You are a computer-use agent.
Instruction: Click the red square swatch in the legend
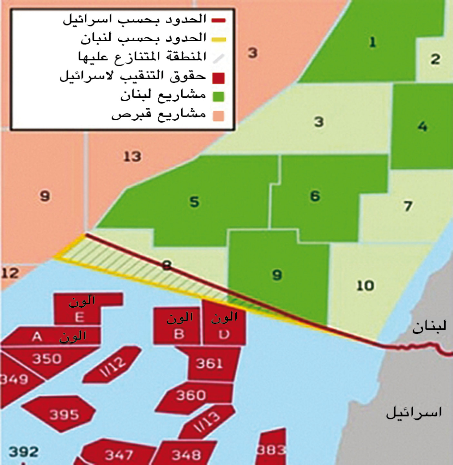tap(218, 78)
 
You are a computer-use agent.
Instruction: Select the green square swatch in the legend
tap(218, 96)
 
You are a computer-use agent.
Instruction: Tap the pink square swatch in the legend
tap(218, 115)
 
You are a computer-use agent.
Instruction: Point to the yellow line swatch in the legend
tap(219, 40)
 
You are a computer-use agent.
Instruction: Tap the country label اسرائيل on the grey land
tap(414, 412)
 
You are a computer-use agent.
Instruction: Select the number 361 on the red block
tap(210, 363)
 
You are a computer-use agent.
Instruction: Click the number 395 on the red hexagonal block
tap(64, 414)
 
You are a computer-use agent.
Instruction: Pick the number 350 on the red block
tap(47, 359)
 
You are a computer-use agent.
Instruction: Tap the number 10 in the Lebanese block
tap(365, 286)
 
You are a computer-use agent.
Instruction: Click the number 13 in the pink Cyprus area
tap(132, 157)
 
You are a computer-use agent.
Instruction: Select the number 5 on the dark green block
tap(194, 202)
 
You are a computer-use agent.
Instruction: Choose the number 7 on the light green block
tap(408, 206)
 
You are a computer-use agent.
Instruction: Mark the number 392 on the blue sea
tap(24, 452)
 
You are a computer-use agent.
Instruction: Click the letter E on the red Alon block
tap(80, 318)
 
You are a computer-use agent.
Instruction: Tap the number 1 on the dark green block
tap(372, 42)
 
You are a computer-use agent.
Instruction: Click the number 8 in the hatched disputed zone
tap(167, 265)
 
